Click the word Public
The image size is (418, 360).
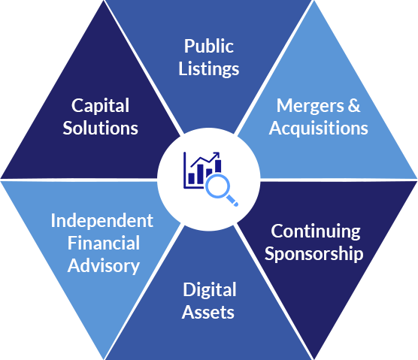(x=209, y=46)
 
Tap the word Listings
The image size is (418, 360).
(x=209, y=69)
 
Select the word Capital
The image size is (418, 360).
(x=100, y=106)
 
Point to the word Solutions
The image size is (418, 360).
(x=100, y=128)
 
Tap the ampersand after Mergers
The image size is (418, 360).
(x=354, y=105)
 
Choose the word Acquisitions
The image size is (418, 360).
(x=318, y=129)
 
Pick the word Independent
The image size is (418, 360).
(x=102, y=222)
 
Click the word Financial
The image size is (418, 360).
(x=104, y=243)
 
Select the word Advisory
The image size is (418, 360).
(x=104, y=266)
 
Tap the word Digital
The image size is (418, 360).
(x=210, y=290)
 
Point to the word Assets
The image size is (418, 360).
(x=208, y=312)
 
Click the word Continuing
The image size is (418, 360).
(x=316, y=231)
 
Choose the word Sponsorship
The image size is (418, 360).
(x=314, y=254)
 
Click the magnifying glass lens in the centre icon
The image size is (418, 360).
(x=218, y=186)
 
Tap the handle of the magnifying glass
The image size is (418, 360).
(x=232, y=200)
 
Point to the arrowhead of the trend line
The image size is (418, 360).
(x=217, y=155)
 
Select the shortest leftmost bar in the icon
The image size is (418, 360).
(x=192, y=178)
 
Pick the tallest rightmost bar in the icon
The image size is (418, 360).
(x=218, y=166)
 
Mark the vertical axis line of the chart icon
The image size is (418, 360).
(x=184, y=171)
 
